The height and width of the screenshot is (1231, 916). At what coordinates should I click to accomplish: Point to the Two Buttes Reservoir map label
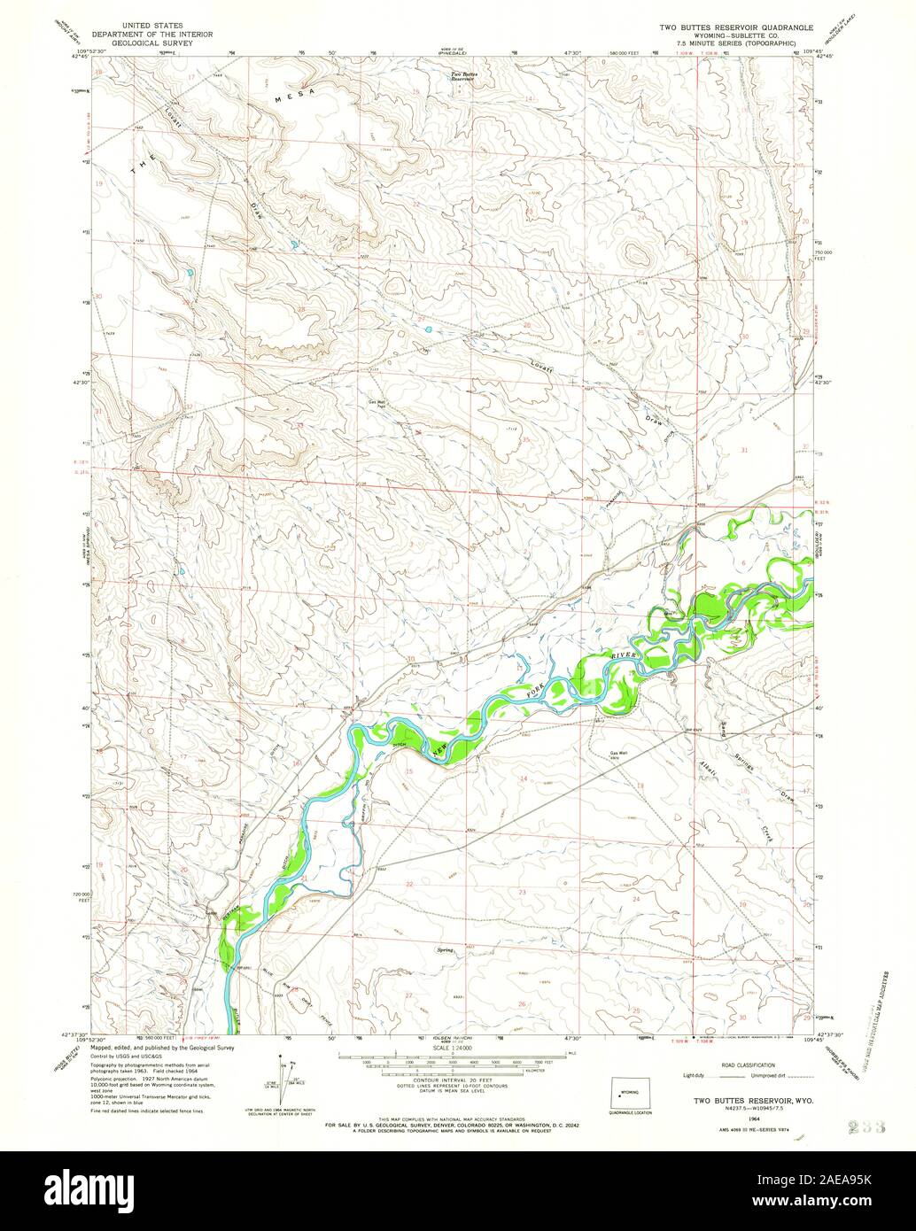click(462, 76)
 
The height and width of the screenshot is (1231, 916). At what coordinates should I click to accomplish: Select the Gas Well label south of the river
click(618, 754)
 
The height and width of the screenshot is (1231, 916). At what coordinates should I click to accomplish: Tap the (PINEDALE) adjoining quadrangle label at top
click(457, 52)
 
